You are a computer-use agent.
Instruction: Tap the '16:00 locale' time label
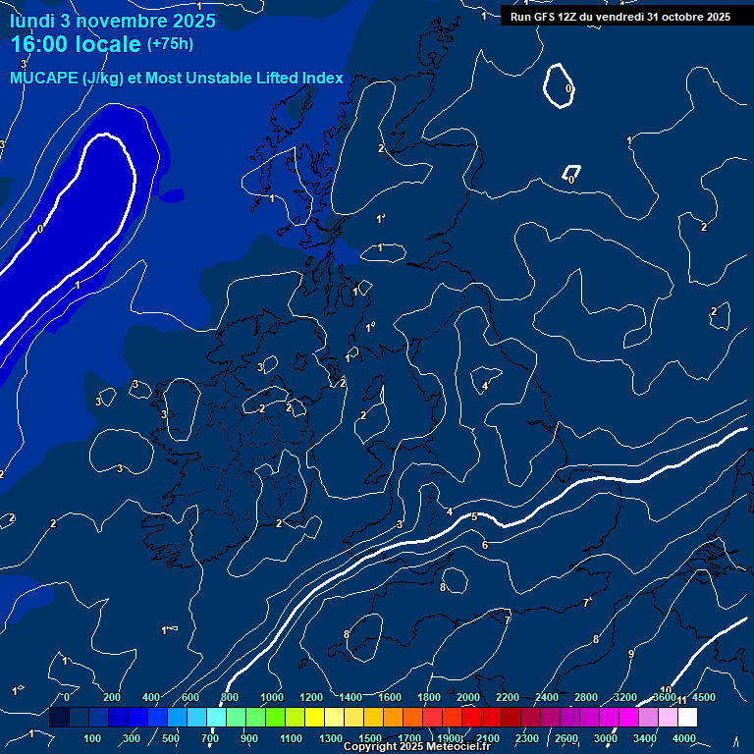click(x=76, y=44)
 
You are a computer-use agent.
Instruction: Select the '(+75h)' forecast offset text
click(x=171, y=44)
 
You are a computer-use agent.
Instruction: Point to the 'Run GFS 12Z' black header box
click(x=619, y=16)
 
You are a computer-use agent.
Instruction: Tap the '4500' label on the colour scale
click(x=703, y=697)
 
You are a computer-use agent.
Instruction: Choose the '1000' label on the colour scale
click(x=272, y=697)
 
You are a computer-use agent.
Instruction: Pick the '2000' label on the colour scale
click(x=468, y=697)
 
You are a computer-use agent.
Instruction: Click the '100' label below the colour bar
click(x=93, y=737)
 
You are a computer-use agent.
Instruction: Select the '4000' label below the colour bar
click(x=683, y=737)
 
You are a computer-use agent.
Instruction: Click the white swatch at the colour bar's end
click(x=714, y=718)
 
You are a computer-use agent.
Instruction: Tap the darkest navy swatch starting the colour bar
click(x=59, y=718)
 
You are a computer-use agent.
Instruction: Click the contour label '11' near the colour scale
click(x=681, y=700)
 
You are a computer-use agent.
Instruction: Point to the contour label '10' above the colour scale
click(x=666, y=690)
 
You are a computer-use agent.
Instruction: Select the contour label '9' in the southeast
click(x=630, y=654)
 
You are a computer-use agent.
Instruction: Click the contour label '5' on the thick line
click(x=474, y=516)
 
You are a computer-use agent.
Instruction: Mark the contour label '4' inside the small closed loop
click(x=484, y=386)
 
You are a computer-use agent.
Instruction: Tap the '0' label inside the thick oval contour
click(x=568, y=89)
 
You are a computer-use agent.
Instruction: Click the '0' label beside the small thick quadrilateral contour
click(x=571, y=180)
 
